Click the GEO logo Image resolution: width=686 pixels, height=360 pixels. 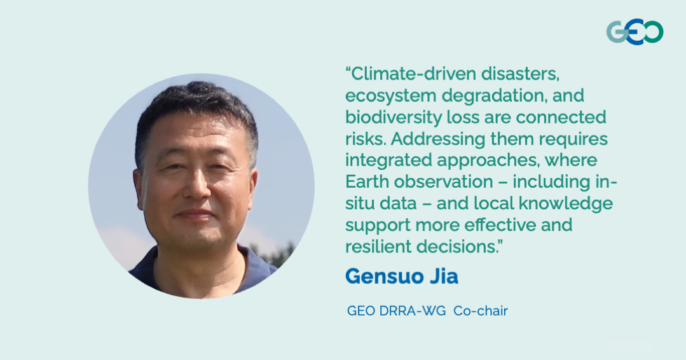634,32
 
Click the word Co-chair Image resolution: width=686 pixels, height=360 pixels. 481,311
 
